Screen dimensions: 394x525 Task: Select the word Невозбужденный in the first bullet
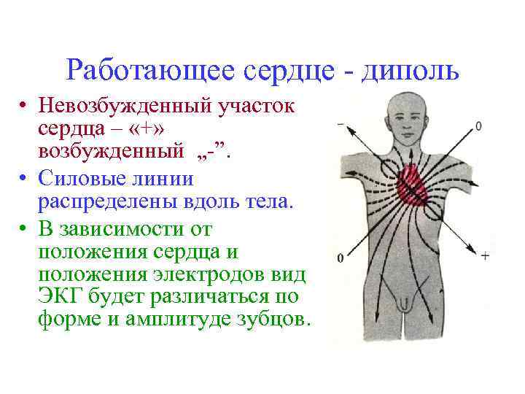pyautogui.click(x=117, y=107)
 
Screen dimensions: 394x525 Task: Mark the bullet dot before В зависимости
pyautogui.click(x=24, y=230)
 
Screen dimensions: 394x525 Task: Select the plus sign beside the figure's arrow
pyautogui.click(x=486, y=256)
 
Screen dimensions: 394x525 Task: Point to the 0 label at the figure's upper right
pyautogui.click(x=478, y=125)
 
